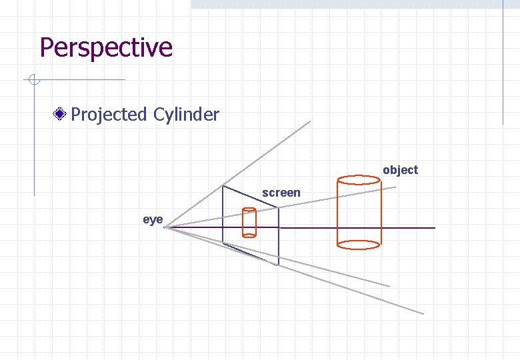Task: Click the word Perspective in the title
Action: click(106, 48)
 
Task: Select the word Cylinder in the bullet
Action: click(186, 115)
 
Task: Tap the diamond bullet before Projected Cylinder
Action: click(61, 115)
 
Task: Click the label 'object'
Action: click(400, 170)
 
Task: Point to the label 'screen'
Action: click(281, 193)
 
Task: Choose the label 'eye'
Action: click(153, 219)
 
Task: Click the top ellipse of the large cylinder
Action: click(359, 180)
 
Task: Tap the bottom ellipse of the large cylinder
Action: click(359, 245)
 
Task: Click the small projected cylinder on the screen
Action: click(249, 223)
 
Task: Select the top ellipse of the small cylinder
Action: click(249, 211)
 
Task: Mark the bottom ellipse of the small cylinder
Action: click(249, 235)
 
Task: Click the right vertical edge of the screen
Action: click(278, 237)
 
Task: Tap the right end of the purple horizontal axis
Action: click(434, 228)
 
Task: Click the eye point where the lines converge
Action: click(165, 228)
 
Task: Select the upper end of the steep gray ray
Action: click(310, 121)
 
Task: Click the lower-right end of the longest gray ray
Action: click(423, 313)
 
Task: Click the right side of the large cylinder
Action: click(381, 212)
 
